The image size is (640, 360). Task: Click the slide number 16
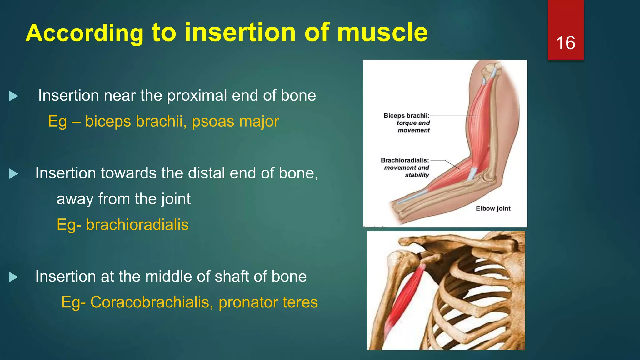point(566,43)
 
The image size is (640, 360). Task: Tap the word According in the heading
point(84,33)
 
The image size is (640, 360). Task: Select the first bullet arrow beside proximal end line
point(13,96)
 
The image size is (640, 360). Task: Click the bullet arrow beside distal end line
point(13,174)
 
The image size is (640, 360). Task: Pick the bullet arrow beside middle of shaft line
point(13,277)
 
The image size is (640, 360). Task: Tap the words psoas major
point(235,121)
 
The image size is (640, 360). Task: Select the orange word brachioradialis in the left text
point(137,225)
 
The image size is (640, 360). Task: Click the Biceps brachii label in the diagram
point(406,116)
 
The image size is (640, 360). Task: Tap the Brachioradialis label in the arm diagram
point(405,160)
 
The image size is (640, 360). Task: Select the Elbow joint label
point(493,208)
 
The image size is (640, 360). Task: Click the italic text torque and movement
point(413,127)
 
